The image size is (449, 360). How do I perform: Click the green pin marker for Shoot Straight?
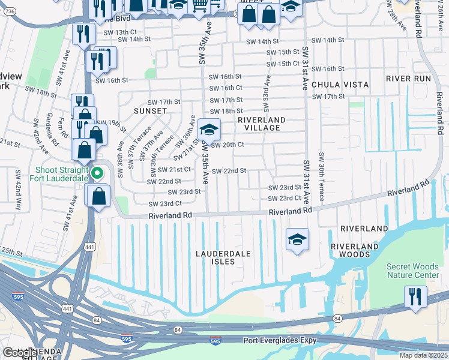96,175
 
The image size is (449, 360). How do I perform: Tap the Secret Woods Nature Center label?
412,271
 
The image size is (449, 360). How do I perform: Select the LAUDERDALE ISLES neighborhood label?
223,258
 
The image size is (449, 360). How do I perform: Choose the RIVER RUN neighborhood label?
409,79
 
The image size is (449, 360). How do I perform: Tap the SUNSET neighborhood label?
150,111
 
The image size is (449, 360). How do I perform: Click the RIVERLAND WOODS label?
354,250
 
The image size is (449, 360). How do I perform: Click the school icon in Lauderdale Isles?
297,240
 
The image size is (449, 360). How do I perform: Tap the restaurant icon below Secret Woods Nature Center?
415,296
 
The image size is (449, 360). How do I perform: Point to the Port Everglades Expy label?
280,341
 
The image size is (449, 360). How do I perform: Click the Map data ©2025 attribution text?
424,355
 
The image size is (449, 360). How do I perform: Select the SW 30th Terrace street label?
322,178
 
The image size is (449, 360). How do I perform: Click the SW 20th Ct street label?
227,145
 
